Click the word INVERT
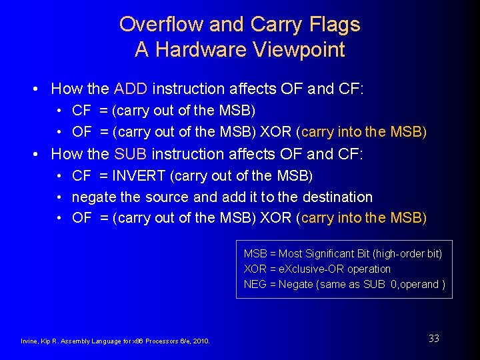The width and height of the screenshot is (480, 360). coord(139,175)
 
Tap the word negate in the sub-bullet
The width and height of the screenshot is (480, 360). coord(94,197)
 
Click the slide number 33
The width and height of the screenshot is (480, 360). coord(433,339)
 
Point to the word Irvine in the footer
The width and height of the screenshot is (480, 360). coord(31,341)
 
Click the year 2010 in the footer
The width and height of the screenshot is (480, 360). coord(200,341)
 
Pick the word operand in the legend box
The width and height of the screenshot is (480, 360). coord(421,285)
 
